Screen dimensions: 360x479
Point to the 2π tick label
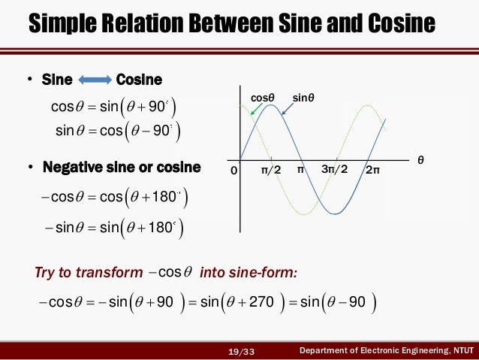373,171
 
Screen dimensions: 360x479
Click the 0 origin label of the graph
233,171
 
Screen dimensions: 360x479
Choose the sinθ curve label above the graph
303,98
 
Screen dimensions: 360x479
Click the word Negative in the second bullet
72,167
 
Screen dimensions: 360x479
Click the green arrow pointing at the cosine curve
255,110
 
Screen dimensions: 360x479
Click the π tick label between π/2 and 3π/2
301,171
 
